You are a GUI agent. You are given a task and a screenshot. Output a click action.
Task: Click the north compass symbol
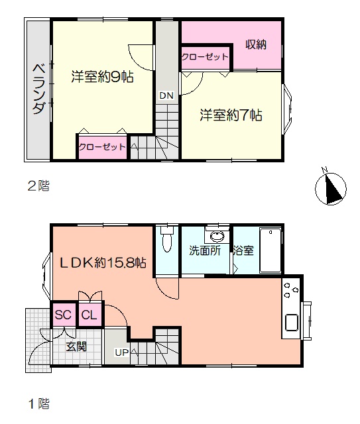click(330, 188)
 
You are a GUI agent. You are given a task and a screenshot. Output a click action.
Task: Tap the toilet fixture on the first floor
click(166, 239)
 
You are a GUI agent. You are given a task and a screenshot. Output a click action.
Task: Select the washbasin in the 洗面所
click(217, 237)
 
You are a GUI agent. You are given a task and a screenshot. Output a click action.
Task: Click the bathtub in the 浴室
click(270, 250)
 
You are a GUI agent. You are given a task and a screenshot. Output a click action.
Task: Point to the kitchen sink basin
click(291, 322)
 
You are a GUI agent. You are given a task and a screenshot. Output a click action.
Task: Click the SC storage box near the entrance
click(63, 315)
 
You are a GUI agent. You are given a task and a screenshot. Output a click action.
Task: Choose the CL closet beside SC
click(90, 315)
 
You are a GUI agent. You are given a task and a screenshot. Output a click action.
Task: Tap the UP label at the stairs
click(122, 352)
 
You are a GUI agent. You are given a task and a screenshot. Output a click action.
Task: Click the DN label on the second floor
click(166, 95)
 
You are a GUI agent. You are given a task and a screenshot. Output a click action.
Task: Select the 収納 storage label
click(256, 44)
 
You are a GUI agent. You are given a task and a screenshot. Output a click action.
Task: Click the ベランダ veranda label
click(38, 89)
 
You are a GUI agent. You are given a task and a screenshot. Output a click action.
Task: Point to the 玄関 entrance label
click(77, 346)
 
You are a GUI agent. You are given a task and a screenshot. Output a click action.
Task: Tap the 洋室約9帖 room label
click(102, 77)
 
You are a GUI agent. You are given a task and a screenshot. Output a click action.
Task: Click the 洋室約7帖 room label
click(231, 115)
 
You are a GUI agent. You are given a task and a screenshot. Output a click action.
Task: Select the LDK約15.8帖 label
click(103, 262)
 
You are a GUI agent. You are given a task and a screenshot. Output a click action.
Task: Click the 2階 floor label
click(38, 186)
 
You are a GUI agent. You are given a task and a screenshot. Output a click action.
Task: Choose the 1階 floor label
click(38, 403)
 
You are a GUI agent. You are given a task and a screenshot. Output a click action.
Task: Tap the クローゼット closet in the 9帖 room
click(103, 147)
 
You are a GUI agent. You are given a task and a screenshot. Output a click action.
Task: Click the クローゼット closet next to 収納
click(205, 57)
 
